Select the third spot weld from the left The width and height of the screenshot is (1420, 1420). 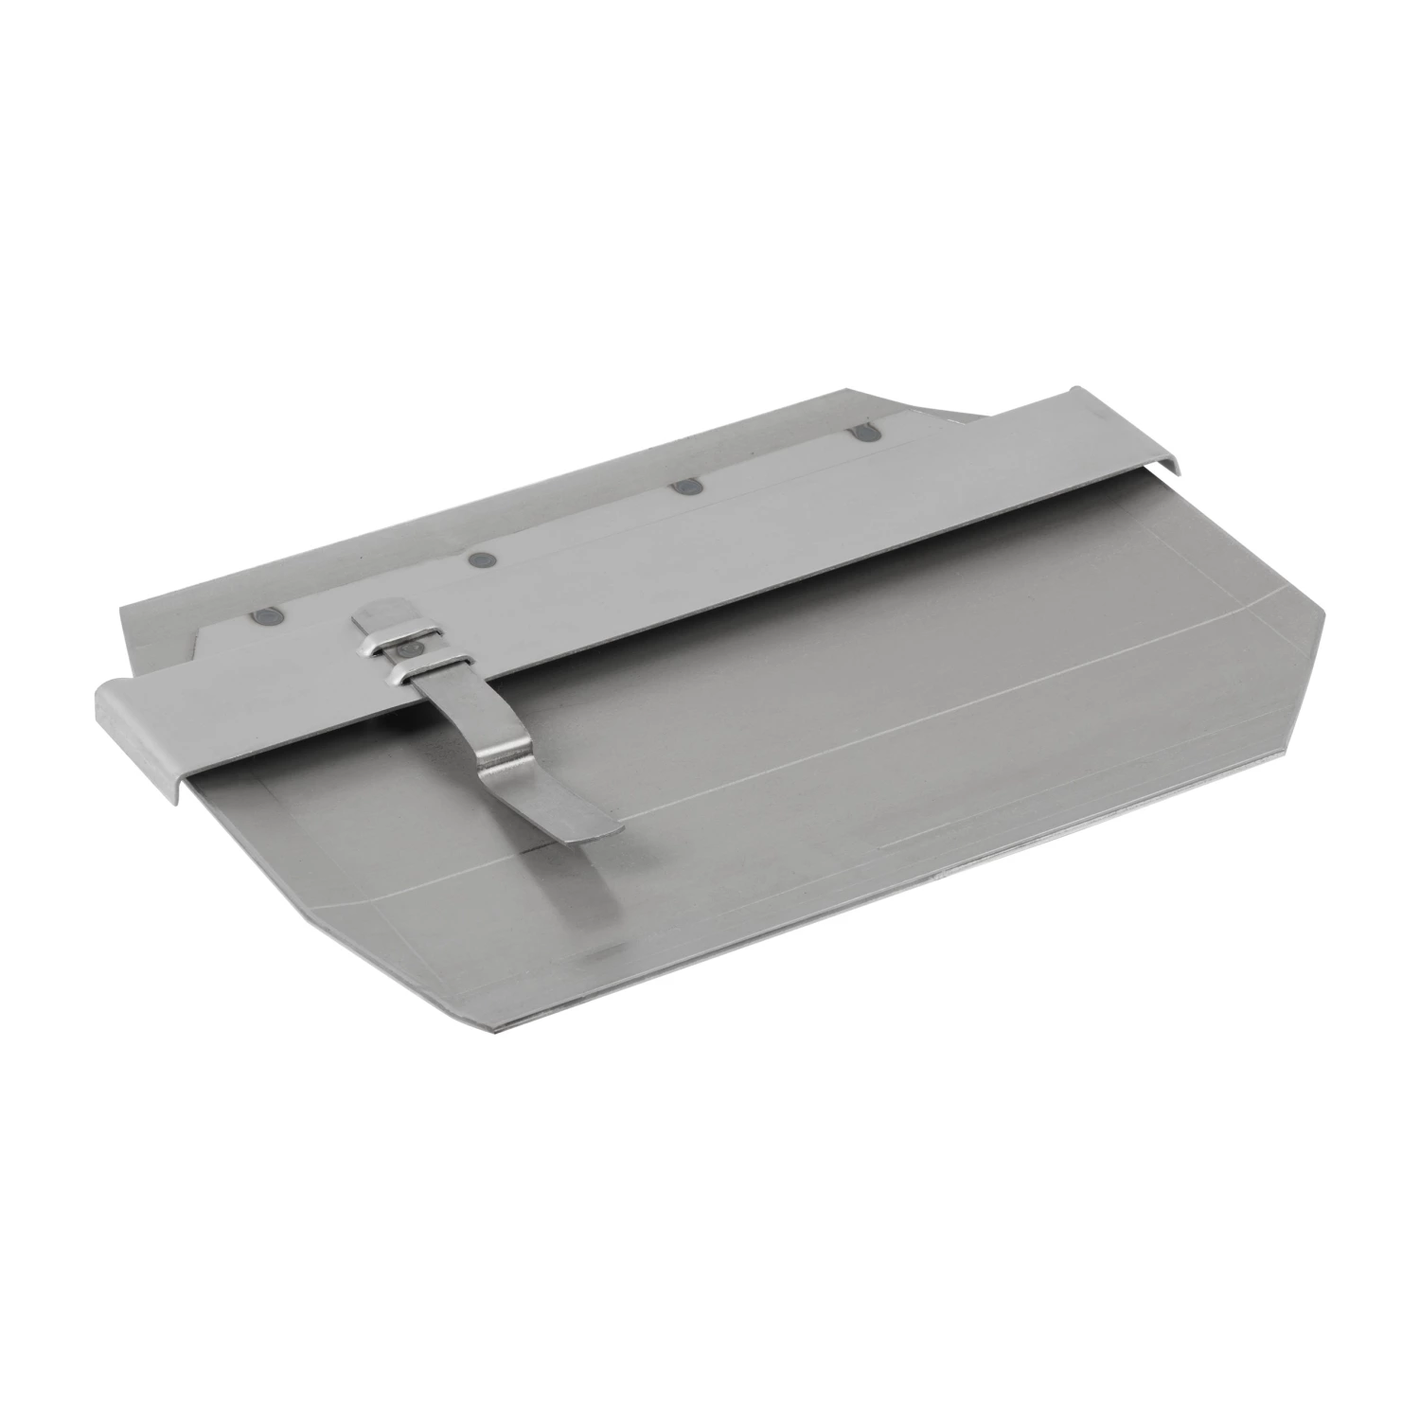[x=684, y=488]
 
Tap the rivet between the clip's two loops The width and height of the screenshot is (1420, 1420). [x=409, y=650]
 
